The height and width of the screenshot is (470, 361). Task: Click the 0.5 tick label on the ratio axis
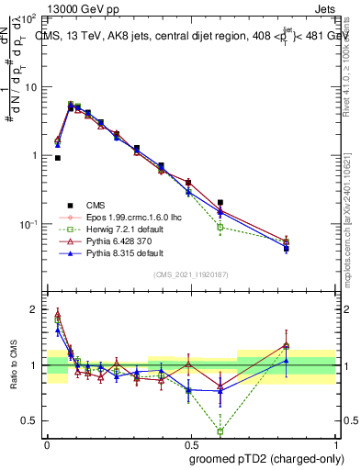(28, 420)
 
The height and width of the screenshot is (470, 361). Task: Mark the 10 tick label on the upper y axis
(28, 87)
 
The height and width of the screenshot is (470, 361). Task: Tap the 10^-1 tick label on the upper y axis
(27, 224)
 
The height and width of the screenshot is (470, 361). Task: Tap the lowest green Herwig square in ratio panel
(220, 431)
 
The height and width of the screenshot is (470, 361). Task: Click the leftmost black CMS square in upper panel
(58, 158)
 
